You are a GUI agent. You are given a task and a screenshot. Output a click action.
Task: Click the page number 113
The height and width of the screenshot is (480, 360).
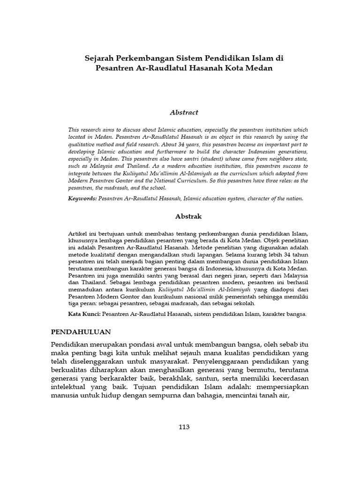(184, 427)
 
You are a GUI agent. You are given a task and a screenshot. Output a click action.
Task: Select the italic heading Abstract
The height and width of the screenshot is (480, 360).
(184, 112)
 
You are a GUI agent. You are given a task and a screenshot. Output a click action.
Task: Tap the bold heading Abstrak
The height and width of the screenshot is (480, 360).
(184, 217)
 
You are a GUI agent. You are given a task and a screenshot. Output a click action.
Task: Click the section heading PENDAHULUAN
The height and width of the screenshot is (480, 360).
(81, 331)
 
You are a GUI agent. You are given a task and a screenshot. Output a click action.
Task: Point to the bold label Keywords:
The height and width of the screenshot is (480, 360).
(82, 199)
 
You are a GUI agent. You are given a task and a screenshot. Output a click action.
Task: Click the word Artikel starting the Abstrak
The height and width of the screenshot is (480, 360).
(77, 233)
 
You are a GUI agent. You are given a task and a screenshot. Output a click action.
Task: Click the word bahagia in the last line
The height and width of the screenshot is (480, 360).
(203, 396)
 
